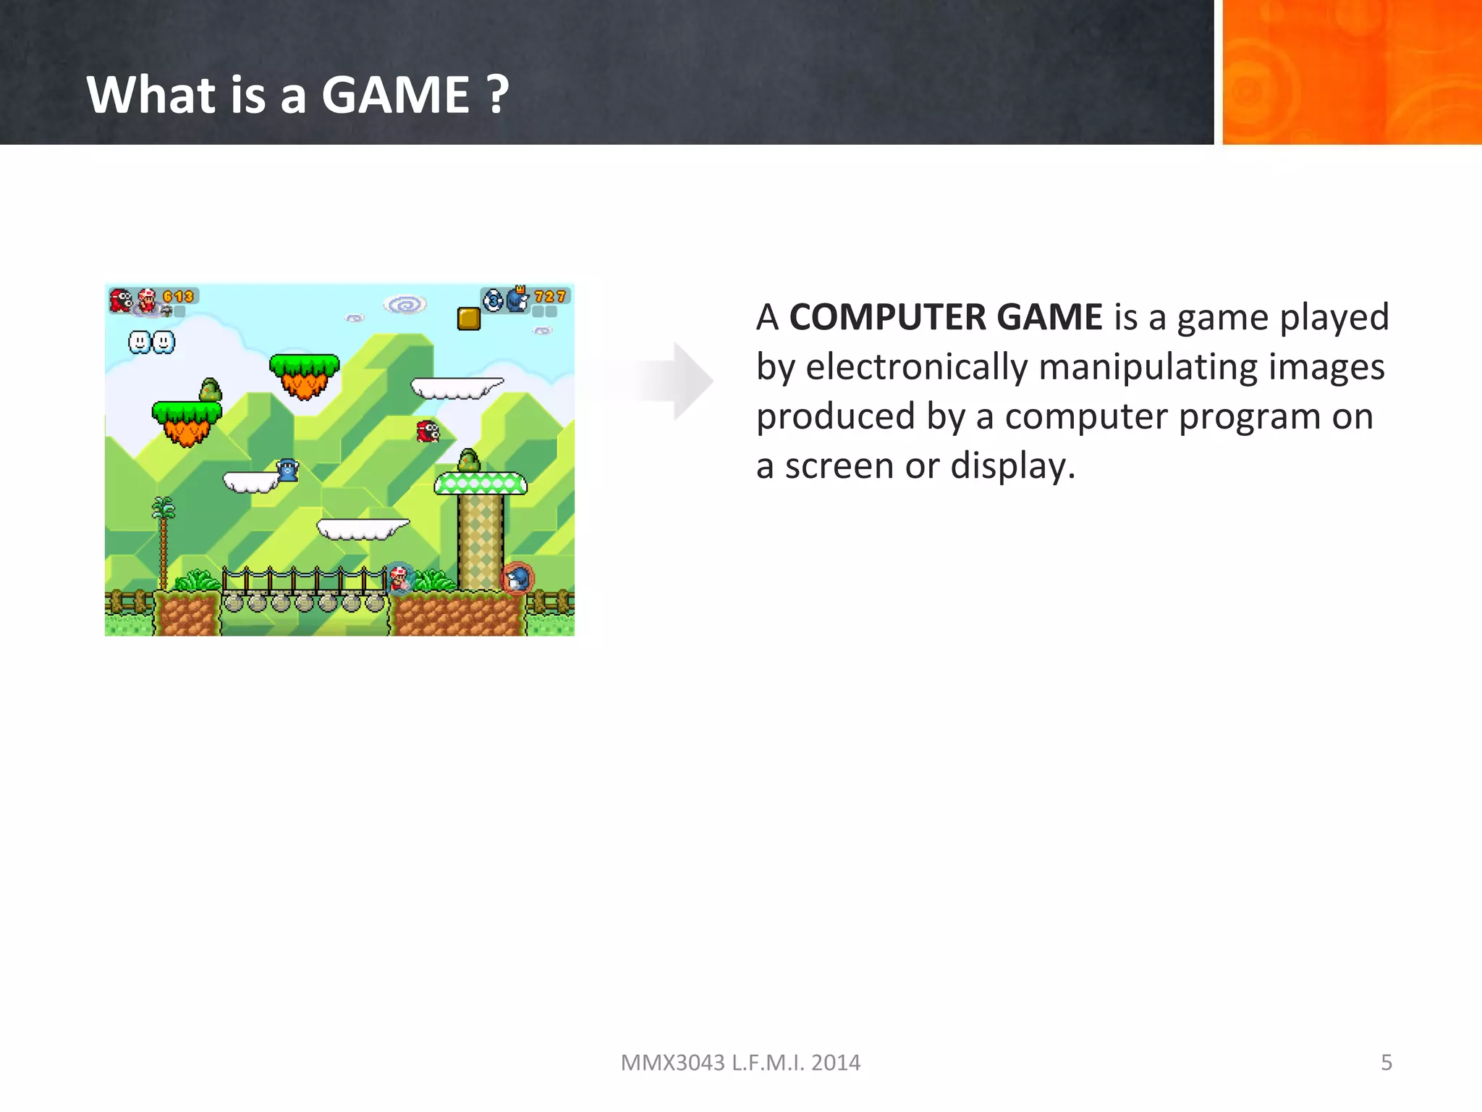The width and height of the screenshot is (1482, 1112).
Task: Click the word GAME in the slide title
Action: pos(395,95)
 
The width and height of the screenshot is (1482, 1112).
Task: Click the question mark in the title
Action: pos(498,95)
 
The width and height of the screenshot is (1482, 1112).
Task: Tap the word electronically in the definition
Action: pos(917,366)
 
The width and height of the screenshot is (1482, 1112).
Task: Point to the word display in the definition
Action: pos(1012,466)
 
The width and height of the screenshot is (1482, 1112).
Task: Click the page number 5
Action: pos(1386,1062)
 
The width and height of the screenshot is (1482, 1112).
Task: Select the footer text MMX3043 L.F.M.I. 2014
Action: pos(740,1062)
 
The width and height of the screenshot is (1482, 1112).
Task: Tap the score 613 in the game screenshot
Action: pos(178,297)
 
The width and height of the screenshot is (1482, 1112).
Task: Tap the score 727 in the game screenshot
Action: pos(550,297)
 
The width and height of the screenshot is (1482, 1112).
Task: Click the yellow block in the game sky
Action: pos(469,319)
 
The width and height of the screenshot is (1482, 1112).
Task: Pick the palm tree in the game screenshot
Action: pos(164,539)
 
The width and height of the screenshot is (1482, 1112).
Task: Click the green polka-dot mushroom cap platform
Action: pos(480,483)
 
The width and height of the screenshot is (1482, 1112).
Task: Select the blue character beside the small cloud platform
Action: pos(288,471)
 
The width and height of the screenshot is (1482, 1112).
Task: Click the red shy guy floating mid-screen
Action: pos(428,431)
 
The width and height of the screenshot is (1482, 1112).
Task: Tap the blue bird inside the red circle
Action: pos(517,578)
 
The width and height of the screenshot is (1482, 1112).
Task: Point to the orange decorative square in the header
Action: pos(1351,72)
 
